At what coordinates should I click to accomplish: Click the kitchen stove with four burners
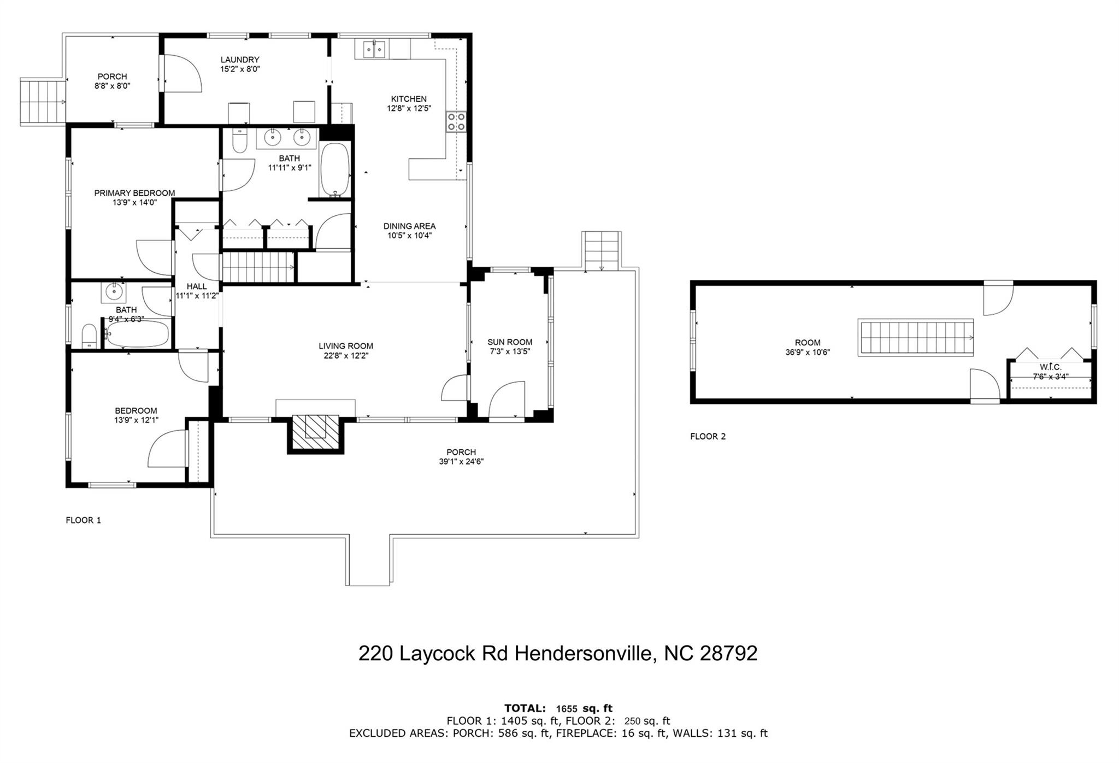[x=457, y=122]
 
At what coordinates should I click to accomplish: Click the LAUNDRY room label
[x=240, y=60]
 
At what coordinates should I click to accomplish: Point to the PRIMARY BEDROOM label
[x=134, y=193]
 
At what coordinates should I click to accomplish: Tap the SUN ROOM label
[x=510, y=342]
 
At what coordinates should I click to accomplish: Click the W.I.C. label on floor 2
[x=1050, y=367]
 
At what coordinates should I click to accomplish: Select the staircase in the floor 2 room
[x=916, y=338]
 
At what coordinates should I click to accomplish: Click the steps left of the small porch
[x=43, y=102]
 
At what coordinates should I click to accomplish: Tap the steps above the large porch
[x=602, y=250]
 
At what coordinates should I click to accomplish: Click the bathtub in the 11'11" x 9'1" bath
[x=334, y=170]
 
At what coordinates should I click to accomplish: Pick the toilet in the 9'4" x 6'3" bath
[x=90, y=336]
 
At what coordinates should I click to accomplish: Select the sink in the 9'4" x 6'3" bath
[x=114, y=292]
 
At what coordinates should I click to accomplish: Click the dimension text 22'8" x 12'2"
[x=346, y=355]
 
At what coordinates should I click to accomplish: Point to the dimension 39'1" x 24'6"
[x=461, y=461]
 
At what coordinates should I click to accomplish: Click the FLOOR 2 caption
[x=708, y=436]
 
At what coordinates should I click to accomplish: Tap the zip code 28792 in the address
[x=728, y=653]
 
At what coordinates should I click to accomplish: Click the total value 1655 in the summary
[x=567, y=709]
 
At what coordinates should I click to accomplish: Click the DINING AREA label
[x=410, y=226]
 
